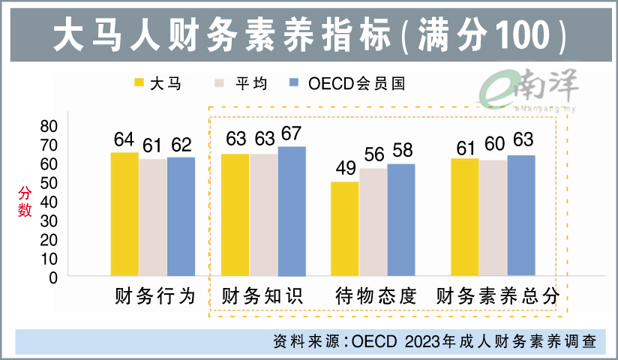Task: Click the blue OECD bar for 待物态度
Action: [401, 220]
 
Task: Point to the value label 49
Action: [345, 169]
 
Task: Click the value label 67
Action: [291, 133]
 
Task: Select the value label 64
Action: [124, 139]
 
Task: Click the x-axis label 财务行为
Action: [155, 297]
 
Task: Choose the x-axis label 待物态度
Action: [375, 297]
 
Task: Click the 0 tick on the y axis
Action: [52, 277]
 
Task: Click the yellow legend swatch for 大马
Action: [139, 83]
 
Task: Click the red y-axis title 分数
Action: [25, 201]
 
